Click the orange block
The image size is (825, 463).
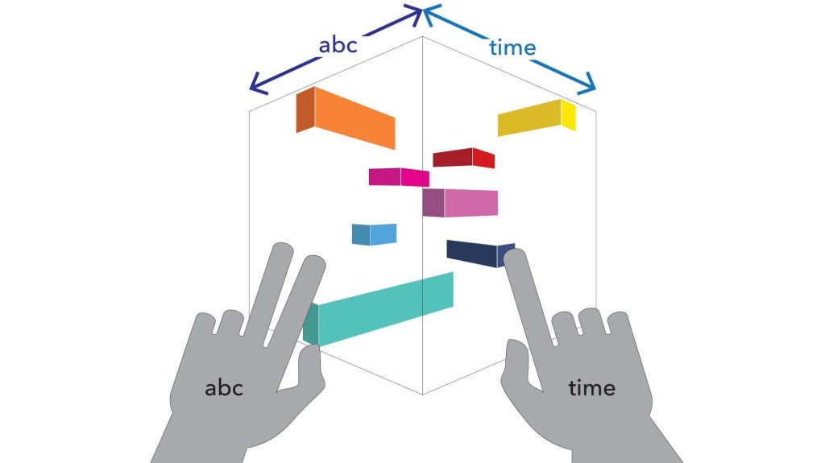[346, 118]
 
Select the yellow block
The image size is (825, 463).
[537, 118]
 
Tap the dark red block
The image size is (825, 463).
[463, 158]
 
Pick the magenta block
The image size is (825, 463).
[399, 177]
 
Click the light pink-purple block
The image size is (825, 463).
[460, 203]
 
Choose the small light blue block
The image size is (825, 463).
[374, 234]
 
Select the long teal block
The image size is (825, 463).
[379, 310]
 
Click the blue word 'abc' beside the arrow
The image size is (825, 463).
[338, 45]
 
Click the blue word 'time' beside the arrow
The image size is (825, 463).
[512, 48]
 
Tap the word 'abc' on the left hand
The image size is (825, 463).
[224, 388]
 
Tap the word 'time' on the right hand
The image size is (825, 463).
[592, 388]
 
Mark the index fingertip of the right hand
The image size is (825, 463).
[515, 258]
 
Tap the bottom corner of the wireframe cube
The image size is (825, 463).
[422, 394]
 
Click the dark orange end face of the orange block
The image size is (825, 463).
[305, 110]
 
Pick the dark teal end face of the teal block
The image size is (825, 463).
[311, 325]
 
